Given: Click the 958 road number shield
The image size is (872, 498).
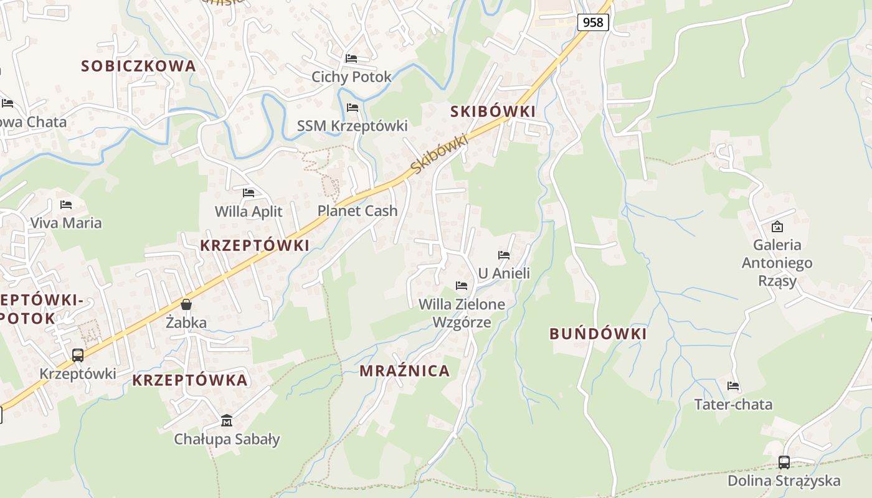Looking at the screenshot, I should [x=593, y=22].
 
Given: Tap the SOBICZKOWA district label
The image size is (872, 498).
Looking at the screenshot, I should [x=138, y=66].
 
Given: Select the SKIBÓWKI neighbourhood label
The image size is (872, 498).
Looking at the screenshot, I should [x=493, y=111].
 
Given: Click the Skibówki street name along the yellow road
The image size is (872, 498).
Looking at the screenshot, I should [x=439, y=154].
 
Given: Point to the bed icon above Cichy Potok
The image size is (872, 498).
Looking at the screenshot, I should [x=351, y=59].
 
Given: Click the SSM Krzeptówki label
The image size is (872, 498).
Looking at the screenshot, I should [x=352, y=126].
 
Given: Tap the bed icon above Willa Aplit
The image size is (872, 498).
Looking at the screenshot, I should [x=249, y=193].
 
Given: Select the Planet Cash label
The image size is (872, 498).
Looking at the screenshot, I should [x=358, y=211].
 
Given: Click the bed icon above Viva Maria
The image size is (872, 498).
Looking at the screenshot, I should [x=66, y=204].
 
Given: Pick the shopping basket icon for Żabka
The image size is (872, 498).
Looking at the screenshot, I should [x=186, y=304].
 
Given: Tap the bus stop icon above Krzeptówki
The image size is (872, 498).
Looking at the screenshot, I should [x=78, y=355].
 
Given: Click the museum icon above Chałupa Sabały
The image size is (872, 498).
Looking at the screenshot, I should [x=227, y=421].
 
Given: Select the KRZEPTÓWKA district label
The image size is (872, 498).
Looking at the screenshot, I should [x=189, y=380].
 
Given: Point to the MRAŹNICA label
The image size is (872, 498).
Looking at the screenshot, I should [x=404, y=371].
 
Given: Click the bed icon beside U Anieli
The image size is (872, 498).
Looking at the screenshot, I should [x=504, y=255].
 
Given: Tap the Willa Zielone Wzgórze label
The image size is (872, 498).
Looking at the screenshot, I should [x=462, y=313].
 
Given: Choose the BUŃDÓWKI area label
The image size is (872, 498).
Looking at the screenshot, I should [x=598, y=334].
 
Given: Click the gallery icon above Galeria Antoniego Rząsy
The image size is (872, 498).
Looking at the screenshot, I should [x=777, y=227].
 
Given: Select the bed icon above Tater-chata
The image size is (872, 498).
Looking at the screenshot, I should [x=733, y=386].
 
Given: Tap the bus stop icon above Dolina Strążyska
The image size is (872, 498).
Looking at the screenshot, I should [x=784, y=463].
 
